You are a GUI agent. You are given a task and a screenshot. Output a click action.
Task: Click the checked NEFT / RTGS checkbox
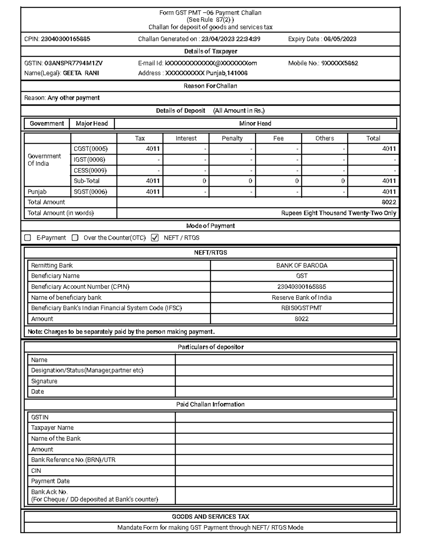pos(155,238)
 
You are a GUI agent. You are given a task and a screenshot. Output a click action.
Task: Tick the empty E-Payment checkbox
pos(28,238)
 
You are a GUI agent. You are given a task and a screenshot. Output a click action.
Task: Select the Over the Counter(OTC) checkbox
pos(75,238)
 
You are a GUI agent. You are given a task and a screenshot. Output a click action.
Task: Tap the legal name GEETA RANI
pos(81,73)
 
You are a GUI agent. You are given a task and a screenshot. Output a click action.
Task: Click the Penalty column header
pos(232,138)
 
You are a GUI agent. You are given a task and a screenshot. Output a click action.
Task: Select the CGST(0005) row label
pos(91,149)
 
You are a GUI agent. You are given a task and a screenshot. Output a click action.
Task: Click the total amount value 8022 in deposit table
pos(389,202)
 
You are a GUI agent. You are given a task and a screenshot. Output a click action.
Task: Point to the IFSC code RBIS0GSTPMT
pos(301,308)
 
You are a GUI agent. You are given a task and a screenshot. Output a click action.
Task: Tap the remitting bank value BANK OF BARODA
pos(301,266)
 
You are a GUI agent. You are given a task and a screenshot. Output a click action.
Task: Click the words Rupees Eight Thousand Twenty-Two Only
pos(339,213)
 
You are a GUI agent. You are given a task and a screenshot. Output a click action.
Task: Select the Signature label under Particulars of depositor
pos(44,381)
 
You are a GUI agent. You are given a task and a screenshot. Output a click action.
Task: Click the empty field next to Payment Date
pos(284,481)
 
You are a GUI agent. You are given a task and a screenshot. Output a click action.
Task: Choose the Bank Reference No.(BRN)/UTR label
pos(73,460)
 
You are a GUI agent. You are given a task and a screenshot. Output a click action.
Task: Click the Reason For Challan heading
pos(210,86)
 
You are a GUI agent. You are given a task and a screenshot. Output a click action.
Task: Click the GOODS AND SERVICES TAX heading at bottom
pos(210,517)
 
